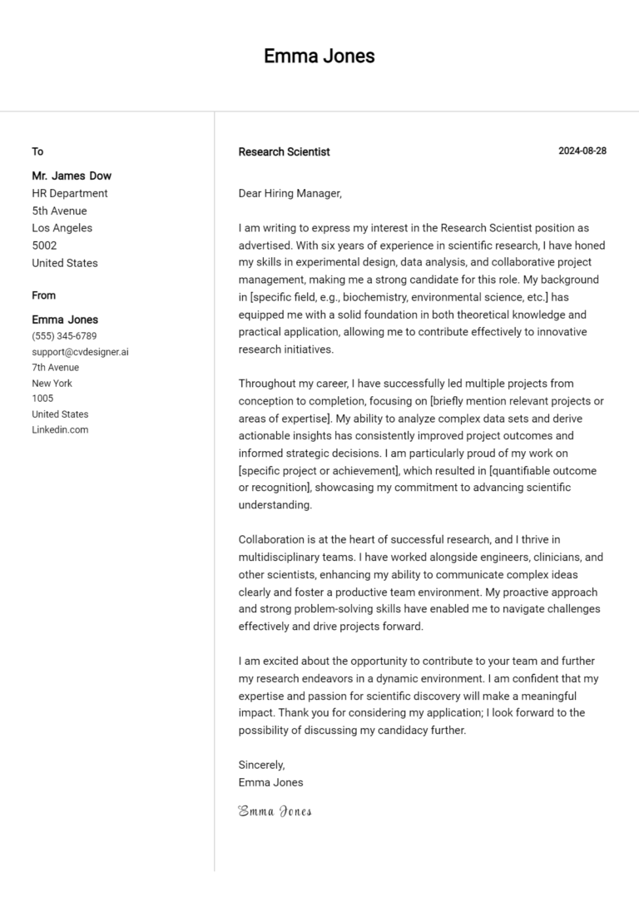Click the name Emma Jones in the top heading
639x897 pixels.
click(319, 56)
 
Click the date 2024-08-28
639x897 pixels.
click(582, 151)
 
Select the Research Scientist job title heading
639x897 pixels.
click(284, 151)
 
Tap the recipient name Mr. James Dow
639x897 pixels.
click(72, 176)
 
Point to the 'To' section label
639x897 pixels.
click(37, 151)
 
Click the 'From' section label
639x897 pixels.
click(44, 295)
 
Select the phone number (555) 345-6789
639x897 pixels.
click(64, 336)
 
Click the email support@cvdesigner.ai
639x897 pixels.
click(80, 352)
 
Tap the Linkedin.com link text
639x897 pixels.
click(60, 429)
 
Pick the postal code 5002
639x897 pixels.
click(44, 245)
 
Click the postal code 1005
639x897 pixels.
click(42, 399)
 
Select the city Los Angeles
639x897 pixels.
click(62, 228)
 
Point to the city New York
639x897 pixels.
click(52, 383)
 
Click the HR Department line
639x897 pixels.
click(70, 193)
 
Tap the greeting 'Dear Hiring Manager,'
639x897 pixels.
click(290, 193)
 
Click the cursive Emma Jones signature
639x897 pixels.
click(275, 810)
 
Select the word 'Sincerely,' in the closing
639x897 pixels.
click(261, 765)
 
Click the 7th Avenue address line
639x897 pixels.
click(56, 367)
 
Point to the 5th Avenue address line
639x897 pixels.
click(59, 211)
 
